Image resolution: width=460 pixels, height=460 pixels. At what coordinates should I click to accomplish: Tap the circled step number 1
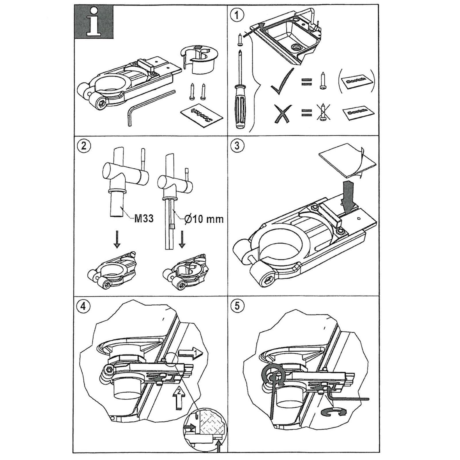[x=237, y=15]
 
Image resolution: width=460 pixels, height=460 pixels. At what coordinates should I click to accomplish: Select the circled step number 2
[x=84, y=145]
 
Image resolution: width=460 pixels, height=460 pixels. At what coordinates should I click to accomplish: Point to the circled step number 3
[x=237, y=145]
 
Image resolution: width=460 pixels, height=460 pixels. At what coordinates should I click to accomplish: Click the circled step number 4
[x=84, y=306]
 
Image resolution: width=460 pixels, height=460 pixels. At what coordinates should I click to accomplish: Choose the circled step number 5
[x=237, y=306]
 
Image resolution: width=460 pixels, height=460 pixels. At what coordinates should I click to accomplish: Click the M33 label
[x=144, y=219]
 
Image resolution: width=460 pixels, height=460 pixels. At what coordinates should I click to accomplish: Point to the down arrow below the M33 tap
[x=116, y=241]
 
